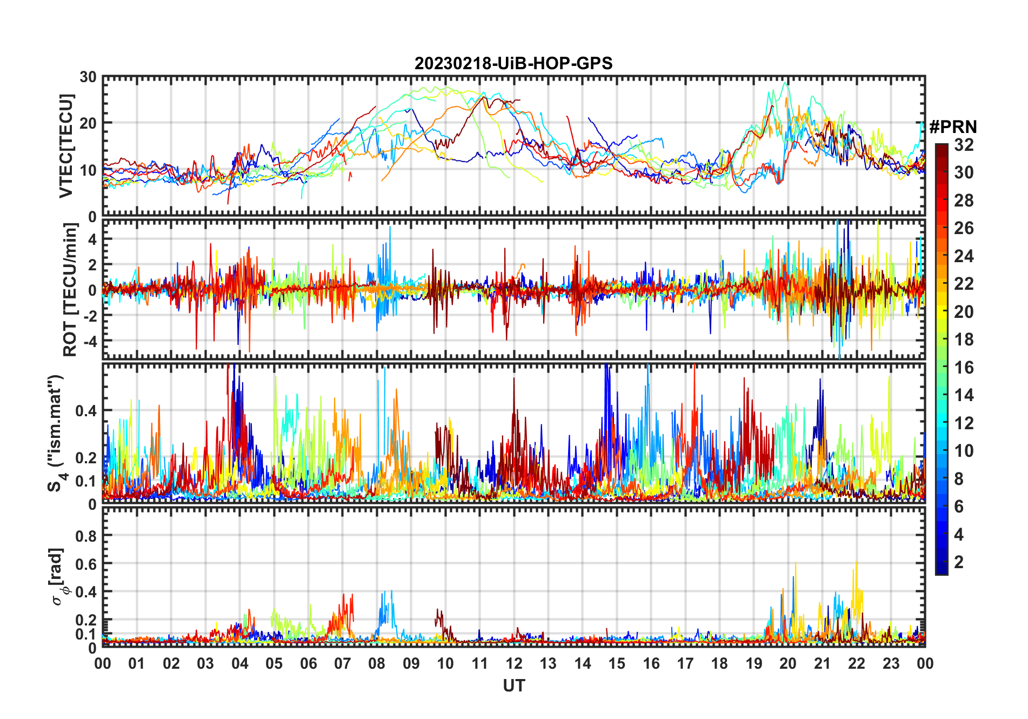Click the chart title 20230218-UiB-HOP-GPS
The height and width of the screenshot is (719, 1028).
(513, 64)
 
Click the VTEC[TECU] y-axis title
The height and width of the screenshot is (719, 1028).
(65, 147)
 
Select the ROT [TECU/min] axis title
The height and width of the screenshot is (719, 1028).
(70, 290)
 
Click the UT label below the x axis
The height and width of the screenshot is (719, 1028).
(513, 686)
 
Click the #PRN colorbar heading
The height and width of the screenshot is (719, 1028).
(953, 127)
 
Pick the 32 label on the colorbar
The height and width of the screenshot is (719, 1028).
(964, 145)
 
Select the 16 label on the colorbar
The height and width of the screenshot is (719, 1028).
(964, 368)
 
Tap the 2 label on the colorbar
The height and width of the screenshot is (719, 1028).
(959, 562)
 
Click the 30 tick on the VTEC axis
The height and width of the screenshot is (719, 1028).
(88, 77)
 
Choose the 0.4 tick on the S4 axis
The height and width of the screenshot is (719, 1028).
(85, 411)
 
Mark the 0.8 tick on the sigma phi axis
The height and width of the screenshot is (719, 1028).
(85, 536)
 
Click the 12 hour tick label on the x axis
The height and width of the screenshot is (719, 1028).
(513, 664)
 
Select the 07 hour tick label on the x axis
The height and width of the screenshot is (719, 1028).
(342, 664)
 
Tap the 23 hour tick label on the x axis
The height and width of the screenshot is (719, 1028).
(891, 664)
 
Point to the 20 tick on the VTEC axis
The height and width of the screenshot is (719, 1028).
(88, 123)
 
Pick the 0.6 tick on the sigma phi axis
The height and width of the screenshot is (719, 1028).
(85, 564)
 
